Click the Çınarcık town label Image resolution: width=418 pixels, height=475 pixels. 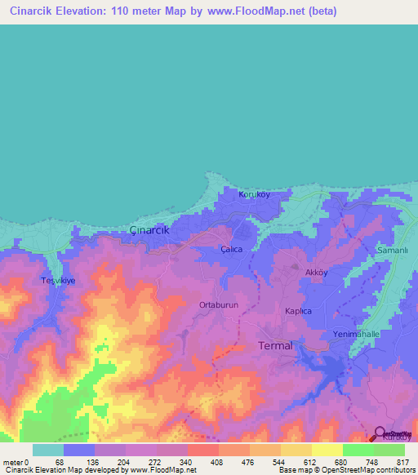click(149, 230)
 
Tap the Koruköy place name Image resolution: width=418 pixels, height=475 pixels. click(253, 195)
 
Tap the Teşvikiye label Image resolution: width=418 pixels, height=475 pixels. click(58, 280)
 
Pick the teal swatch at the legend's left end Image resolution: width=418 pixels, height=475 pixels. click(47, 450)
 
